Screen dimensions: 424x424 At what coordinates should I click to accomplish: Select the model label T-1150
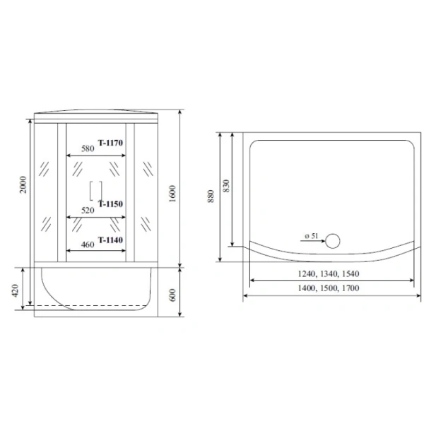point(111,204)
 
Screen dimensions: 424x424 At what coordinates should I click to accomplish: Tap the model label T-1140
point(111,240)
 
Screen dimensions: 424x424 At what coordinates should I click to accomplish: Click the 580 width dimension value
point(88,149)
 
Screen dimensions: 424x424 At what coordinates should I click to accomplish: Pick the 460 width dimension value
point(88,244)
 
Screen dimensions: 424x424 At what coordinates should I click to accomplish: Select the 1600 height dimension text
point(172,192)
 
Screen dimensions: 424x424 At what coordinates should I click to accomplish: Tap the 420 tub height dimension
point(23,289)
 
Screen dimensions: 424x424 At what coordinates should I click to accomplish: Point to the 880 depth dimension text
point(210,194)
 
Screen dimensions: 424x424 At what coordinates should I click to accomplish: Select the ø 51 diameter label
point(310,235)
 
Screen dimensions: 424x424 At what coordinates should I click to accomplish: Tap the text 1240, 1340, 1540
point(327,273)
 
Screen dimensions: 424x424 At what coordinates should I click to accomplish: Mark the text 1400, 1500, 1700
point(327,289)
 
